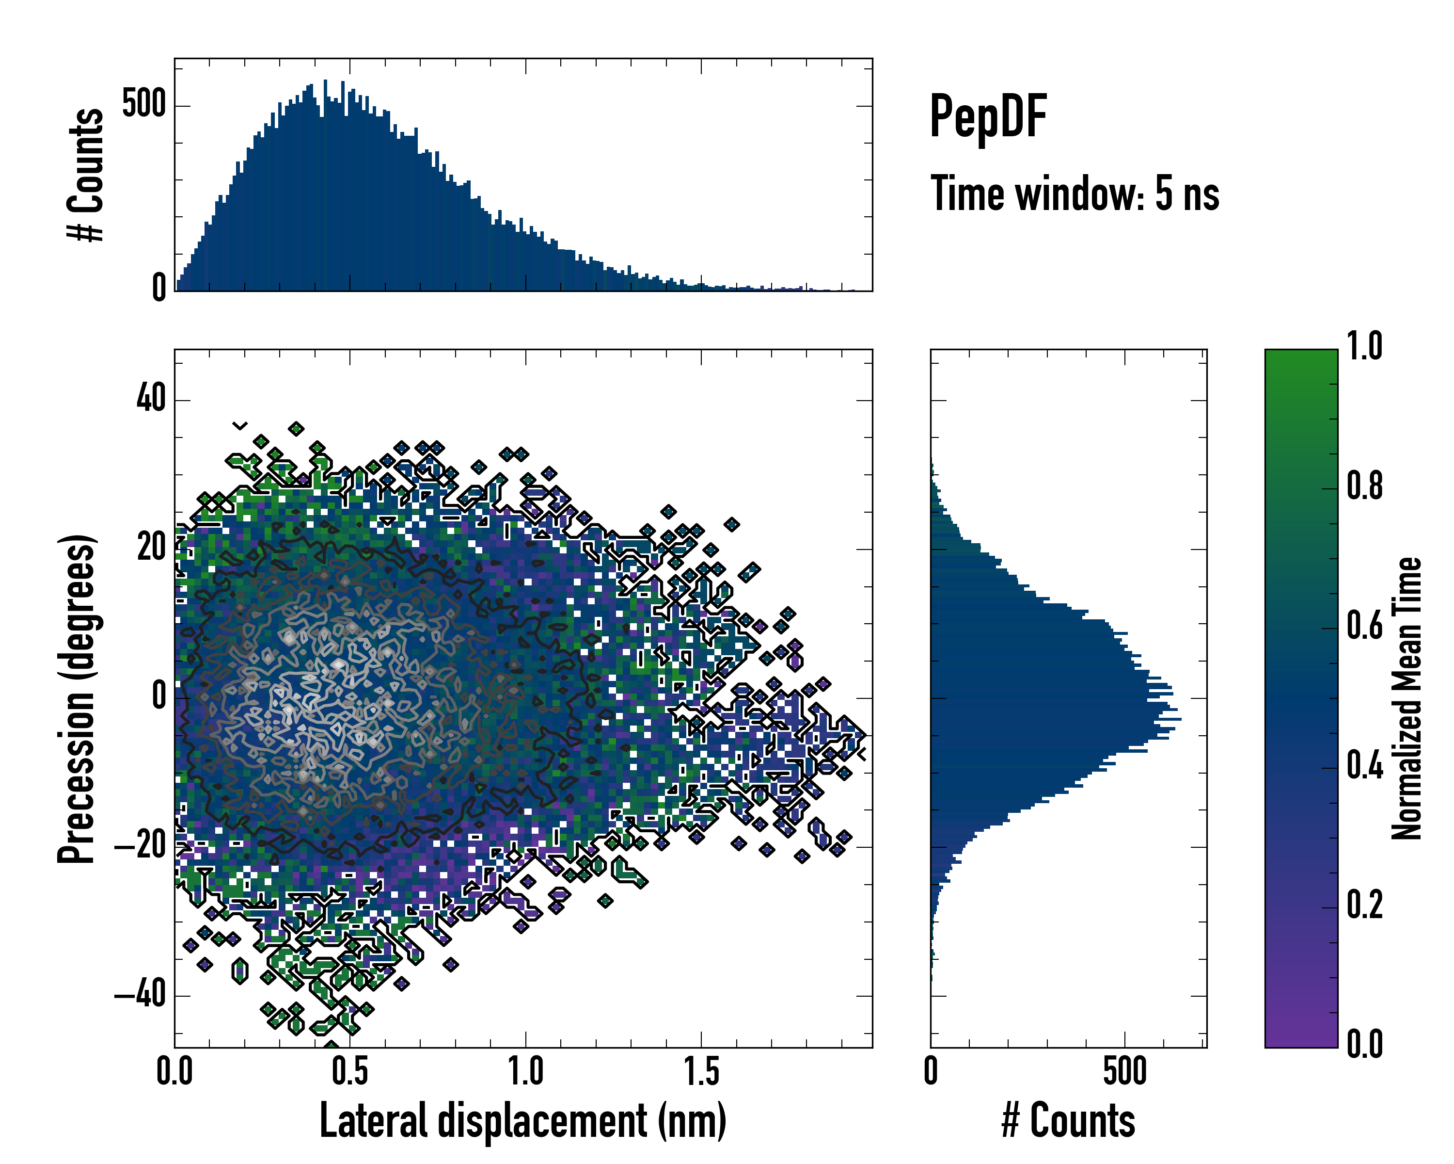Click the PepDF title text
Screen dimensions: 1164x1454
[988, 117]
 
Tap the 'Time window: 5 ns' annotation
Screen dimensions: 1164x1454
[1075, 194]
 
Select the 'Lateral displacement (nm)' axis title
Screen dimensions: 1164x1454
[522, 1120]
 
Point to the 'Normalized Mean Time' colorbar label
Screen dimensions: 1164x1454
[1407, 698]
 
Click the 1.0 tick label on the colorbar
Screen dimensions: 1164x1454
[1364, 346]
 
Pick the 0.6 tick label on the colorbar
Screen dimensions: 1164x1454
[1364, 626]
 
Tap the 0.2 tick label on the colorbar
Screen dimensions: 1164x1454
[1364, 905]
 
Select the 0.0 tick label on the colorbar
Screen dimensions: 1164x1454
[1364, 1044]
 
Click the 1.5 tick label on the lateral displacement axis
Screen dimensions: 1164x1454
[701, 1071]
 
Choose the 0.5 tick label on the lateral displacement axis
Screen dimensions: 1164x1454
[350, 1071]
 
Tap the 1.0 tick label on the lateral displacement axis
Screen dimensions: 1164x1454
[525, 1071]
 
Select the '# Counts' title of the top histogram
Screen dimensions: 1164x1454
[86, 175]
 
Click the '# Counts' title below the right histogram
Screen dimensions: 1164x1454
[1068, 1120]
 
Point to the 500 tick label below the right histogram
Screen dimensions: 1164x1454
[1125, 1071]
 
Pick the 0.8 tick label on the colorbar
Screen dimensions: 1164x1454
[1364, 486]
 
